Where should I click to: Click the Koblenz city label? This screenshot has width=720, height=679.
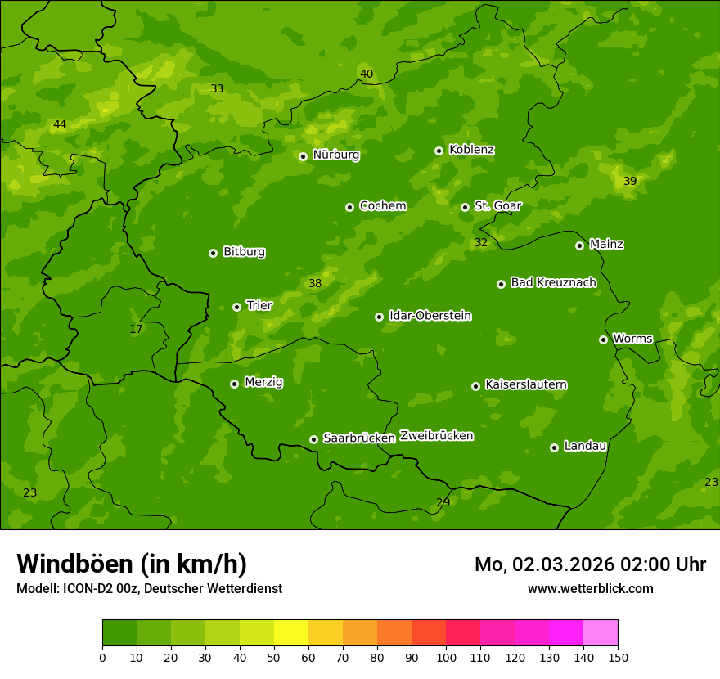(x=471, y=150)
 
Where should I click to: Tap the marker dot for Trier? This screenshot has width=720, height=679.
(x=237, y=307)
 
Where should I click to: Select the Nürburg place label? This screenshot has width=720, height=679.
(x=335, y=155)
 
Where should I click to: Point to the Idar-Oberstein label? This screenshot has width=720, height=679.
(x=430, y=316)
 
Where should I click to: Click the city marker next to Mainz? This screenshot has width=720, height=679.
(x=579, y=245)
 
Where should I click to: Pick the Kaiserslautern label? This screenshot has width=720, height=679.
(x=525, y=384)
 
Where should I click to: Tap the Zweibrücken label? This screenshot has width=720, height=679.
(x=436, y=436)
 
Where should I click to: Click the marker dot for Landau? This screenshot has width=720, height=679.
(x=554, y=447)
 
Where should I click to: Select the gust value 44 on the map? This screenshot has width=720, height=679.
(x=60, y=125)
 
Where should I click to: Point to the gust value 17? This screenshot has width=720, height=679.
(x=136, y=330)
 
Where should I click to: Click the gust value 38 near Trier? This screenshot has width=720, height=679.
(x=315, y=284)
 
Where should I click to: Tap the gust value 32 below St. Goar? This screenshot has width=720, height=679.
(x=481, y=243)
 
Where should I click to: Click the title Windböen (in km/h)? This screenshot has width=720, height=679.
(x=132, y=564)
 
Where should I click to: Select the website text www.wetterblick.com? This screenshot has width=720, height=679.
(x=590, y=588)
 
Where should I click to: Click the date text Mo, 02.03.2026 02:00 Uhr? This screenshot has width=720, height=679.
(x=590, y=564)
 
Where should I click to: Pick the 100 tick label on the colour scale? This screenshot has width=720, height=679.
(x=446, y=657)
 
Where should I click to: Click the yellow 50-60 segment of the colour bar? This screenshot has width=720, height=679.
(x=291, y=633)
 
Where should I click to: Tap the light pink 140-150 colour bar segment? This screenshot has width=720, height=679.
(x=601, y=633)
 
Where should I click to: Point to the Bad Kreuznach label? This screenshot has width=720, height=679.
(x=553, y=282)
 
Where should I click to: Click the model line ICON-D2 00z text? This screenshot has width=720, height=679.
(x=149, y=588)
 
